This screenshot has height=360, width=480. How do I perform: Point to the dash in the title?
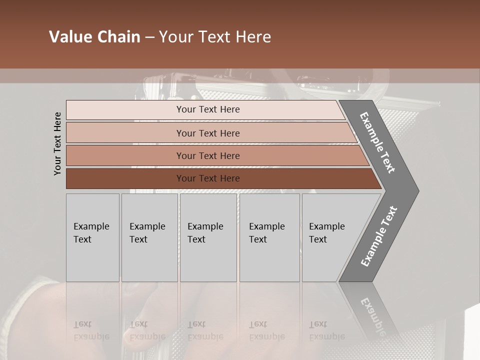click(149, 37)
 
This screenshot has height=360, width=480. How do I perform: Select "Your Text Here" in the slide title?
click(215, 37)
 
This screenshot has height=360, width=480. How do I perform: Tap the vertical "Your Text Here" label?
click(57, 143)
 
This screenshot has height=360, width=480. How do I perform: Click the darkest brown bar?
click(125, 178)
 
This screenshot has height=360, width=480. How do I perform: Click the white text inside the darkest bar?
click(208, 178)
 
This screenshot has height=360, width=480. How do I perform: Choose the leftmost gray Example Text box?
click(92, 237)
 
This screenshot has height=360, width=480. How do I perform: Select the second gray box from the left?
click(149, 237)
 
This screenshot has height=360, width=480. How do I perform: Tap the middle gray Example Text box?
click(208, 237)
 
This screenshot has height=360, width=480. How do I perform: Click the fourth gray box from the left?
click(269, 237)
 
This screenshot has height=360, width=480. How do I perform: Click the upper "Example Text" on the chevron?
click(377, 142)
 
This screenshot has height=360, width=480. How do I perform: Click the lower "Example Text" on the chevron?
click(379, 236)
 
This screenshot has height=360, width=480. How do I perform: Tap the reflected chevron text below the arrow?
click(372, 315)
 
